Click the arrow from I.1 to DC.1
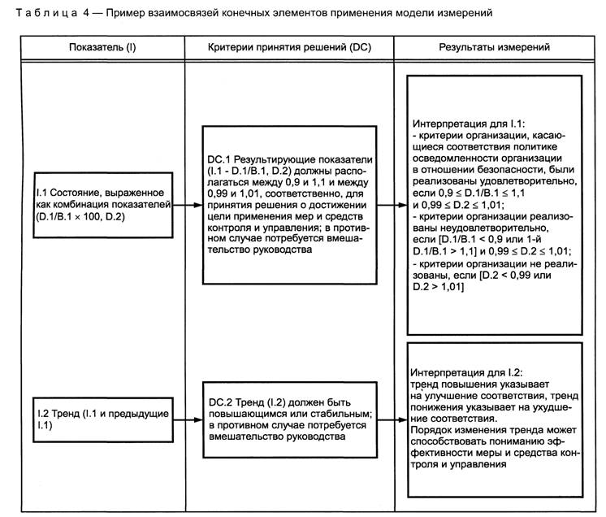[x=188, y=205]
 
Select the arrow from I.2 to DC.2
[x=188, y=420]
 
